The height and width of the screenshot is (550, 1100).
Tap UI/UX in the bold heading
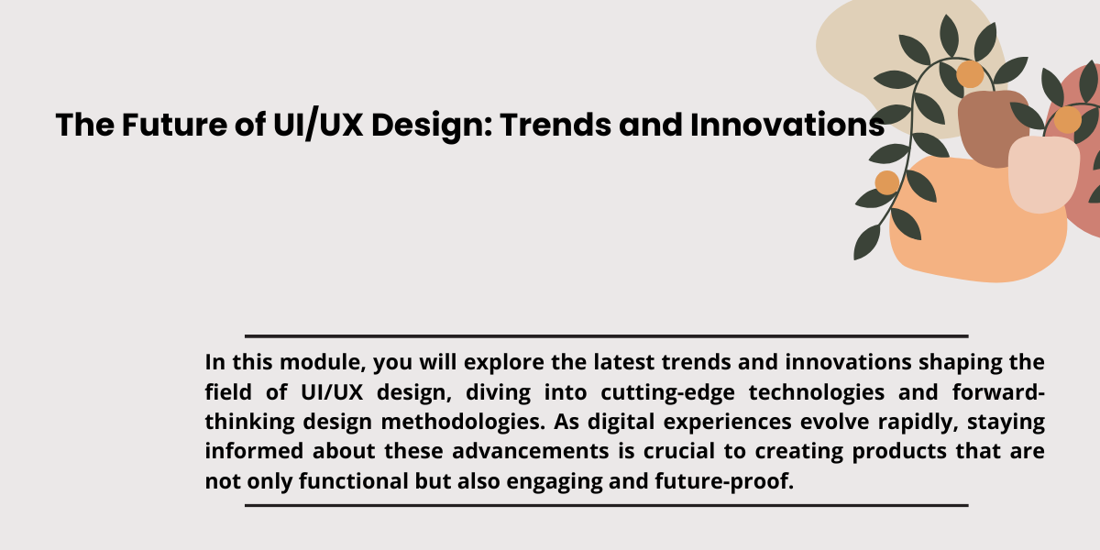click(x=318, y=124)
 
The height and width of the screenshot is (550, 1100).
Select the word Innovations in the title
click(x=787, y=125)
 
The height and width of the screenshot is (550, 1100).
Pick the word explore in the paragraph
click(x=503, y=363)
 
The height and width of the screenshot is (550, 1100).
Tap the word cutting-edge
click(x=667, y=393)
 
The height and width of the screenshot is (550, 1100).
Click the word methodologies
click(x=463, y=423)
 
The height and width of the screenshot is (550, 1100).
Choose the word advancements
click(x=531, y=451)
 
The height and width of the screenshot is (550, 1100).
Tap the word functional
click(x=354, y=480)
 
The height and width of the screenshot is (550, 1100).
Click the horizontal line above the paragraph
click(x=607, y=336)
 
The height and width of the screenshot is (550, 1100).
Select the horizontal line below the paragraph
click(x=607, y=505)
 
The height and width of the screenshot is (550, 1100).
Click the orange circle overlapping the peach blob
click(x=887, y=182)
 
